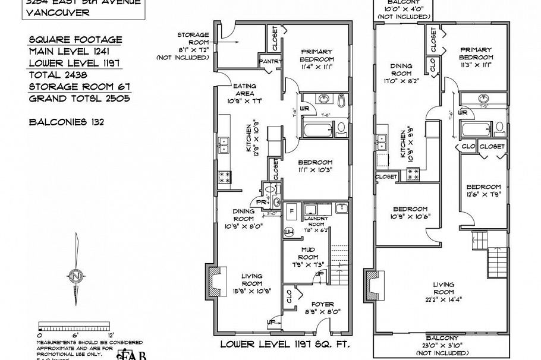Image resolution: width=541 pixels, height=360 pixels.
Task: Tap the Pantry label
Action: coord(270,61)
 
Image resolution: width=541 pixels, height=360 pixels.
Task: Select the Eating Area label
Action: coord(244,89)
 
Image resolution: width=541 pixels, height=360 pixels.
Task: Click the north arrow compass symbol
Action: coord(76,276)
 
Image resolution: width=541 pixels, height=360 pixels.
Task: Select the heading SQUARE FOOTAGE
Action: coord(75,40)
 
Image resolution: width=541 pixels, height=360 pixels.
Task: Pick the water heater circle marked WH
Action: coord(290,231)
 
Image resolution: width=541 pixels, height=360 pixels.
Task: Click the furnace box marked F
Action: coord(292,211)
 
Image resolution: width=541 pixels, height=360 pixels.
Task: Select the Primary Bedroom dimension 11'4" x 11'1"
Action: coord(316,67)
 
